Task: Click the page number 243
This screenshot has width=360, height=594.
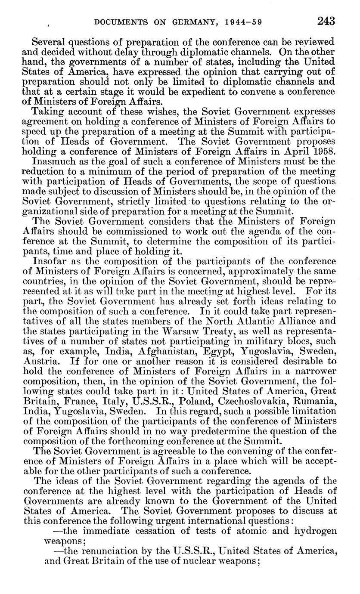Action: tap(326, 20)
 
